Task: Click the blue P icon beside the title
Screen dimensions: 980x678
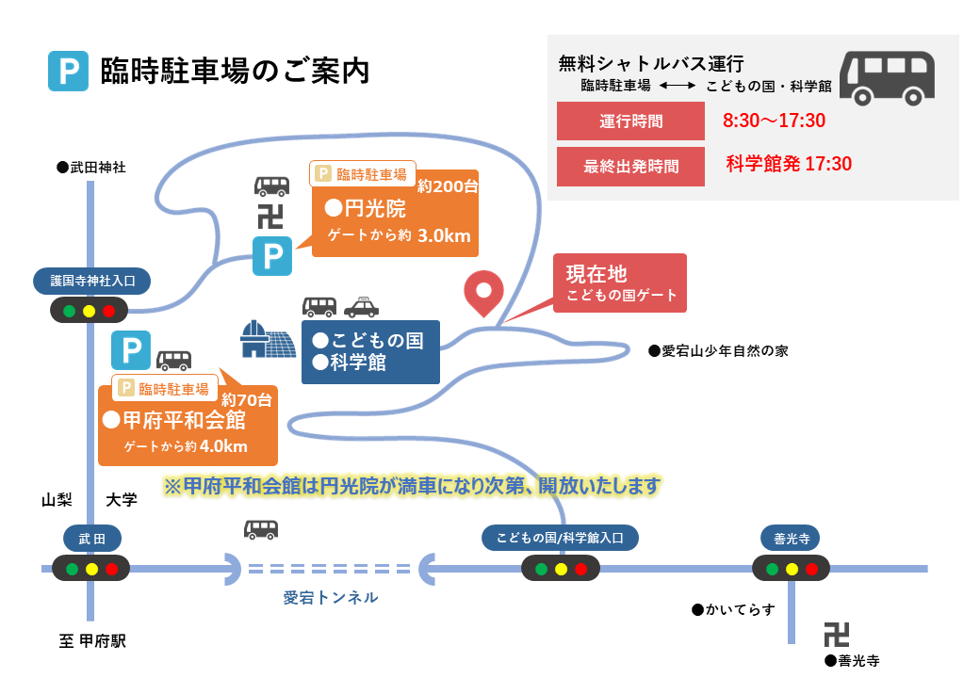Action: (x=68, y=72)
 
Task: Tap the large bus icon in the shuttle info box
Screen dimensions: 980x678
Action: (x=887, y=78)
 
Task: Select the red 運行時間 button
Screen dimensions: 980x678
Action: (x=630, y=121)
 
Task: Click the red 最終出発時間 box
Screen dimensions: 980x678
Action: (x=630, y=167)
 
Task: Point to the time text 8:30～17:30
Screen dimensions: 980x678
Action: (x=774, y=121)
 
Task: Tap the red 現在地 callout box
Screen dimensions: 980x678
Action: (x=620, y=282)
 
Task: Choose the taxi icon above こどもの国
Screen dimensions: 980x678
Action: (x=361, y=307)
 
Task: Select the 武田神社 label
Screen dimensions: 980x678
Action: (x=92, y=168)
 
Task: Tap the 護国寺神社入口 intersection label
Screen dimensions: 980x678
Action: (x=92, y=281)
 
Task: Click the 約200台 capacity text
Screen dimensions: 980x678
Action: (x=448, y=186)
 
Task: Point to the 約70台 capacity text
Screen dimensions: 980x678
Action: (x=247, y=400)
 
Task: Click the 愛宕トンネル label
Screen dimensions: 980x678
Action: (x=331, y=597)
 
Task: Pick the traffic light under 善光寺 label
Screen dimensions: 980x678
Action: (x=792, y=569)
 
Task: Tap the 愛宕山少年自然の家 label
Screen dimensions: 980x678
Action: (x=718, y=351)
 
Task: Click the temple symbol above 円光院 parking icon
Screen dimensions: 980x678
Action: (x=270, y=217)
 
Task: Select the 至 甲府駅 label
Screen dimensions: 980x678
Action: (x=92, y=641)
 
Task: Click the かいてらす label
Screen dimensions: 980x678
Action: (x=734, y=609)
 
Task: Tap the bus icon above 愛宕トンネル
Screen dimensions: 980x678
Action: (x=261, y=530)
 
